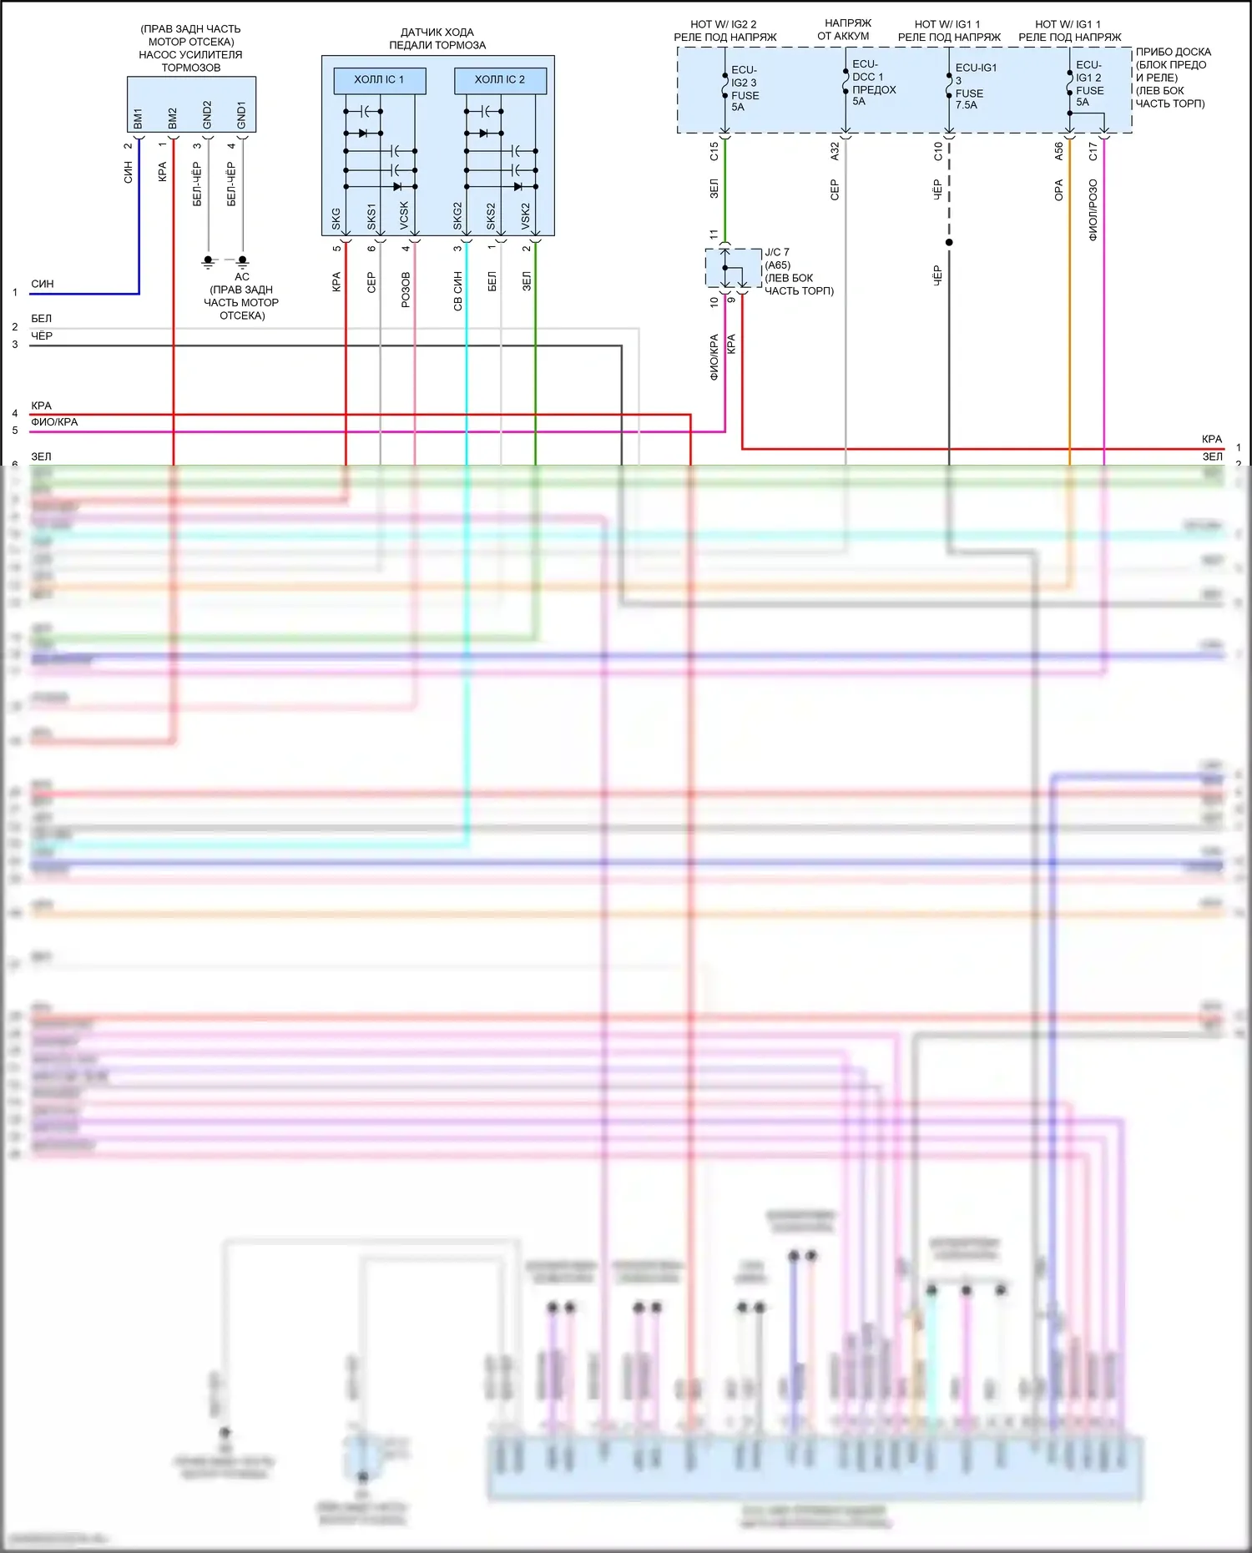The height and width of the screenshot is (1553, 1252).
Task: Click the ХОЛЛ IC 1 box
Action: click(x=379, y=80)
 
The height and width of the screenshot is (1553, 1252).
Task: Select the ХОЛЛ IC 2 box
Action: click(x=500, y=80)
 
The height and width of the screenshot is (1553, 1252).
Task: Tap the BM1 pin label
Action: click(x=138, y=118)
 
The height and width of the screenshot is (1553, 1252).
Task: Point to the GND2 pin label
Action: click(x=207, y=115)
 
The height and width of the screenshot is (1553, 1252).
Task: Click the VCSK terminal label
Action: click(x=405, y=215)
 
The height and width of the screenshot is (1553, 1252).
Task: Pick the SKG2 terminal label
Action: click(x=457, y=215)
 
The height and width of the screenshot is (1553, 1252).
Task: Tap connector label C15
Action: click(x=714, y=151)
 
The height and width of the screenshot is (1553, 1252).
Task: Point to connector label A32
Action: click(x=835, y=151)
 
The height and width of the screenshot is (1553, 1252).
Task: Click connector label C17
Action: click(x=1093, y=151)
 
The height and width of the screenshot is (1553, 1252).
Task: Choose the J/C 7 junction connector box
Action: click(x=733, y=267)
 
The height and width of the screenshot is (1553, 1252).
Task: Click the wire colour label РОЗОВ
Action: click(x=406, y=290)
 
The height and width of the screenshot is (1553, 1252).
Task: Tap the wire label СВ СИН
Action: click(x=457, y=290)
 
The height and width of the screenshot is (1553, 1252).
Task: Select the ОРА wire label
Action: click(x=1059, y=190)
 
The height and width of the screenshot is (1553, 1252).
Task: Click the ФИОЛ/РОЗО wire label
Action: click(x=1093, y=209)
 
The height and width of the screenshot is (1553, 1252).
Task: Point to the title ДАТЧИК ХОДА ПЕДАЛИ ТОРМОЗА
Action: click(x=437, y=38)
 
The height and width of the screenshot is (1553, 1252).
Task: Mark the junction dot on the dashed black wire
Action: click(x=949, y=243)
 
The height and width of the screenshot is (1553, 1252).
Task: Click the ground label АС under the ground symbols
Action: click(x=242, y=276)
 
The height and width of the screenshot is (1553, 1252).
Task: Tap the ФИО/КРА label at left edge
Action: click(x=54, y=422)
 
